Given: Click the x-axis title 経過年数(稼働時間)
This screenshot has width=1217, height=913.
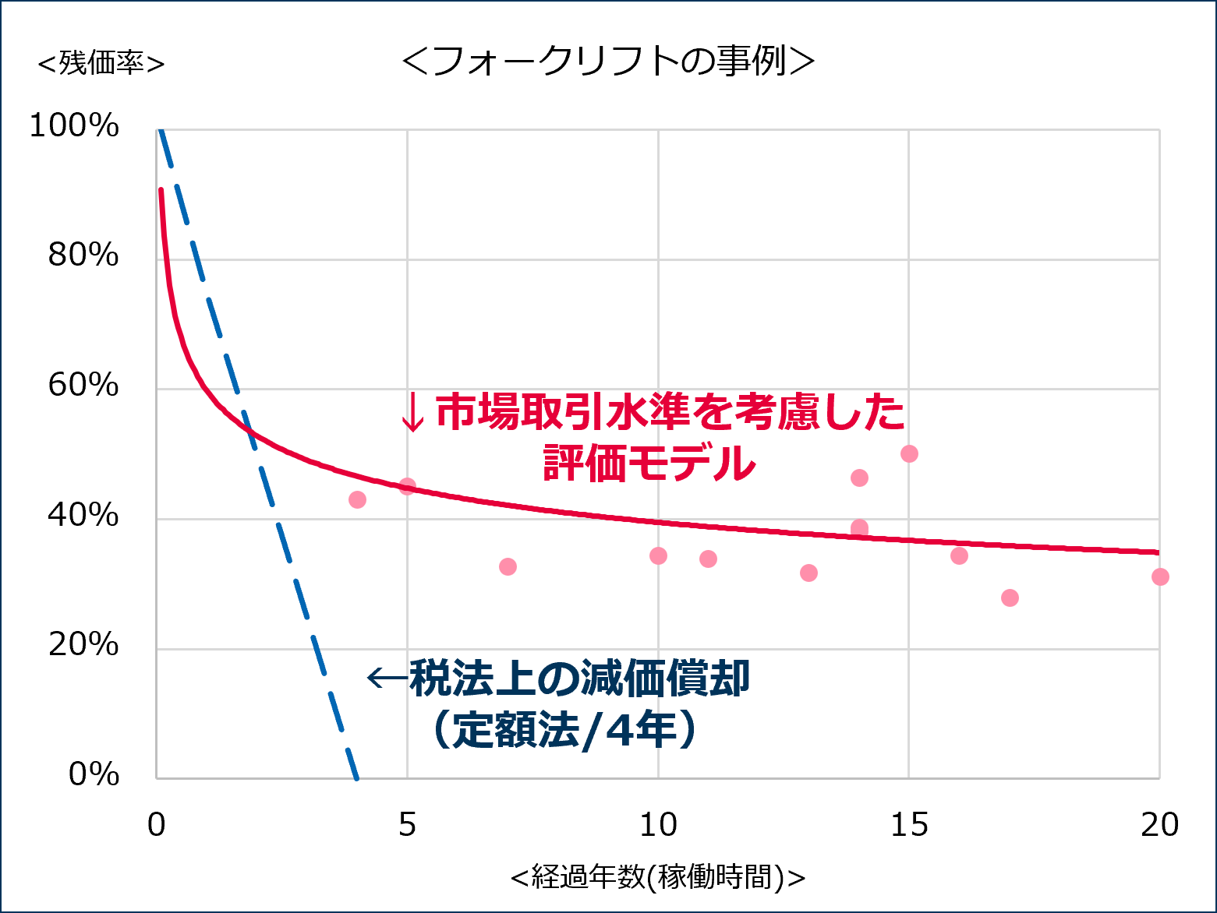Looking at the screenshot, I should point(657,877).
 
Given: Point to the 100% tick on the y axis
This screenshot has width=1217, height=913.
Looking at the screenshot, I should point(74,125).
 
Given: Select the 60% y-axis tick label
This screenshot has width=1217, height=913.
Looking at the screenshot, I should point(83,385).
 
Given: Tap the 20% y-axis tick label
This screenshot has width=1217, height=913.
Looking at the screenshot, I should point(83,645).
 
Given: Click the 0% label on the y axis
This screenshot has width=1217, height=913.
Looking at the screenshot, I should point(94,774).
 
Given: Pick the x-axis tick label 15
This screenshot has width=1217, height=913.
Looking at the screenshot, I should point(908,825).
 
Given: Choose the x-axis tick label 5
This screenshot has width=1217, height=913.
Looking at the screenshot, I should point(407,825).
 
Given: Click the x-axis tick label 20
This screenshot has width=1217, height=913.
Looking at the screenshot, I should point(1159,825).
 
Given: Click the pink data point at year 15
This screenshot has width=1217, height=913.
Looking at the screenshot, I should point(909,453).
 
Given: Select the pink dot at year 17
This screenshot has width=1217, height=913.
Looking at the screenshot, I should point(1010,598).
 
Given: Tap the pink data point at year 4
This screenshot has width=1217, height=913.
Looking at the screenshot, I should point(357,499).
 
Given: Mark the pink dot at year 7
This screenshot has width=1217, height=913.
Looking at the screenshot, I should point(508,566).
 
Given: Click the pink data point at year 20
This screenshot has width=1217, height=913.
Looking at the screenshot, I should point(1160,576).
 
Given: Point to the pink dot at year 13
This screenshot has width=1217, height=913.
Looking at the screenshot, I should point(808,573).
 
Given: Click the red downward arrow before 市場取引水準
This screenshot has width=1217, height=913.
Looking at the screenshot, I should point(412,412).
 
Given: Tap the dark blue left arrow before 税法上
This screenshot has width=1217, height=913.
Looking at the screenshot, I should point(386,678).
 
